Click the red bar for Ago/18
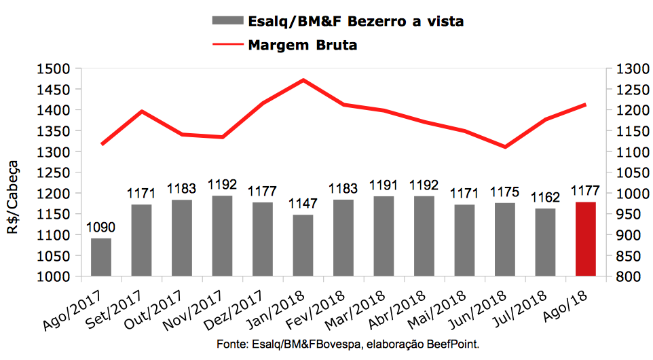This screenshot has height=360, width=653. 585,239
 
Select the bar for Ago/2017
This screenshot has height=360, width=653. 101,257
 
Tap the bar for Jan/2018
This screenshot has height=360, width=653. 303,245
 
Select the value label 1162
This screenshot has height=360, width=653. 545,198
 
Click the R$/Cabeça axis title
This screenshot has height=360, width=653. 14,196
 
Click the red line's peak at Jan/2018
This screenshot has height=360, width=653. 303,80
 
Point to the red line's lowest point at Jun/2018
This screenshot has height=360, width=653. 505,147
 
